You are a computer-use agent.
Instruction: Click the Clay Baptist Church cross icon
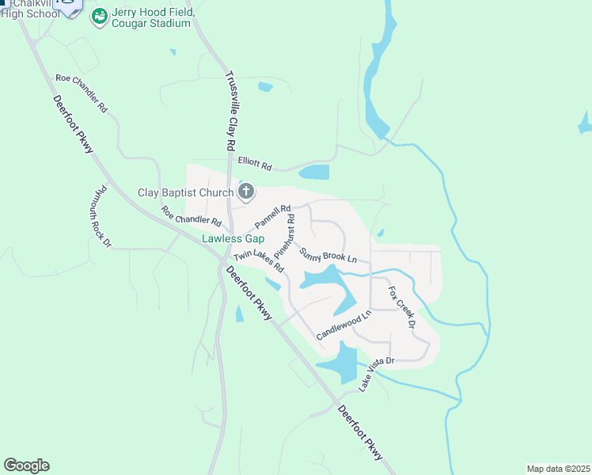[x=246, y=191]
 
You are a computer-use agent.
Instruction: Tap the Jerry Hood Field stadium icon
[x=99, y=17]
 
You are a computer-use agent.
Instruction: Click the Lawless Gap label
[x=232, y=237]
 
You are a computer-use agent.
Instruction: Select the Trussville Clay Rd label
[x=230, y=112]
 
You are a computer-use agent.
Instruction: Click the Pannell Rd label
[x=274, y=216]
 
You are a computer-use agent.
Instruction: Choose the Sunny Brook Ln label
[x=328, y=255]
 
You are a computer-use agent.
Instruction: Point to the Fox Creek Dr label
[x=401, y=308]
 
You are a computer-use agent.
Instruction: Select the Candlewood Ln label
[x=343, y=325]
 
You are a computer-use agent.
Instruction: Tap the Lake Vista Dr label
[x=376, y=374]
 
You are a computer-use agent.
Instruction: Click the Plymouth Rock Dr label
[x=100, y=217]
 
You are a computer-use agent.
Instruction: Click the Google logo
[x=26, y=465]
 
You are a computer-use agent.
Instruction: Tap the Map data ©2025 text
[x=558, y=468]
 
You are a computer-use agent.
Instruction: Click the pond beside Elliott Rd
[x=314, y=172]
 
